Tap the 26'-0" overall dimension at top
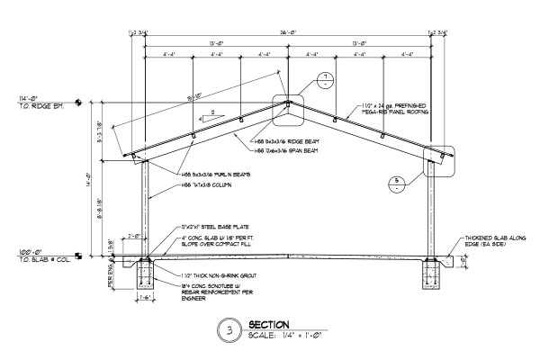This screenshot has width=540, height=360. (x=287, y=33)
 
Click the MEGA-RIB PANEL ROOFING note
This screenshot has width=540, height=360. (x=394, y=112)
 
